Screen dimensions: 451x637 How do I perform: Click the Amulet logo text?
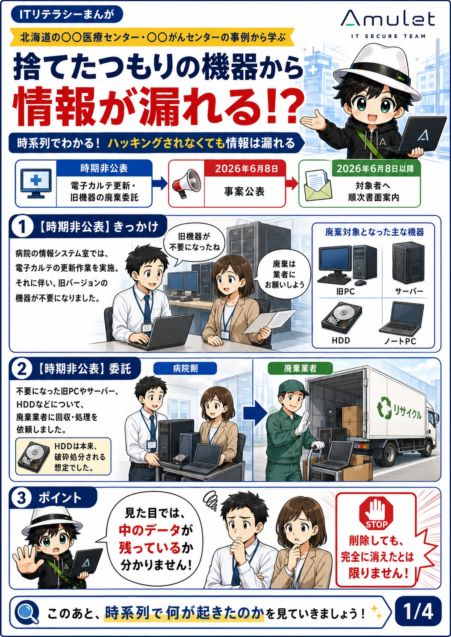pyautogui.click(x=388, y=19)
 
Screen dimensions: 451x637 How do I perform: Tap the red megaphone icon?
pyautogui.click(x=186, y=183)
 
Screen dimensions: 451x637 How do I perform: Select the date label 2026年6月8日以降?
pyautogui.click(x=375, y=169)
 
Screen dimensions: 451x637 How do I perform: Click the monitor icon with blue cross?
pyautogui.click(x=36, y=183)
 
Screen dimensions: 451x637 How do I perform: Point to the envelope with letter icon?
pyautogui.click(x=318, y=185)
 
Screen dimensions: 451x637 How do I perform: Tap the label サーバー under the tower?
pyautogui.click(x=409, y=291)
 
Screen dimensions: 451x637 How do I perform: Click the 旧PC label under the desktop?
pyautogui.click(x=345, y=291)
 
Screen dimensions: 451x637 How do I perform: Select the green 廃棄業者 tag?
pyautogui.click(x=300, y=369)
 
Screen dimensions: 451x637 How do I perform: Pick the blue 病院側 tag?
pyautogui.click(x=185, y=369)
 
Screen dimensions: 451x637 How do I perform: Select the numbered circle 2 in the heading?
pyautogui.click(x=22, y=369)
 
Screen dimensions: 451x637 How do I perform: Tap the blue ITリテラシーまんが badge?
pyautogui.click(x=67, y=15)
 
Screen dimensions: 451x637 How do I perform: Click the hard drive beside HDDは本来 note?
pyautogui.click(x=34, y=457)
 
